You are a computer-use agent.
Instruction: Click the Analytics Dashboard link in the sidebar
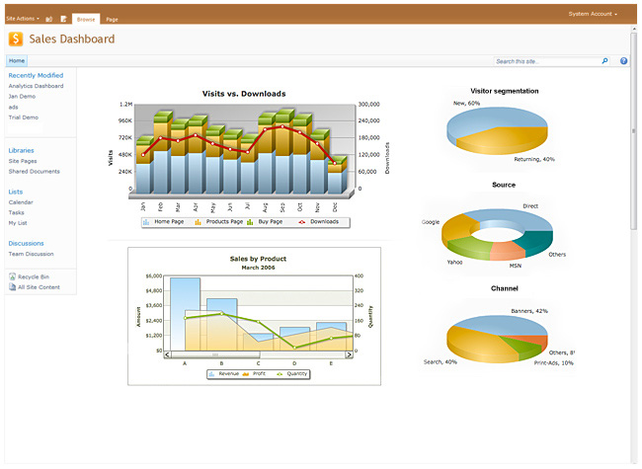36,86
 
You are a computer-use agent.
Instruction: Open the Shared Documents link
34,171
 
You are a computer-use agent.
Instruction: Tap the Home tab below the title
17,61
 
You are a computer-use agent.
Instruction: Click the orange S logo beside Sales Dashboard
17,39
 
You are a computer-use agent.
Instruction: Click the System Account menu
593,15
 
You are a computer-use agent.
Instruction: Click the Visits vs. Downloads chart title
244,94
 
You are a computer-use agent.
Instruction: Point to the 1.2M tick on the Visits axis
125,105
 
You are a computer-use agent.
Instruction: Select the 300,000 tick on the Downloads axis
369,105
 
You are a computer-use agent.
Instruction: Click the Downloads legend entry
323,222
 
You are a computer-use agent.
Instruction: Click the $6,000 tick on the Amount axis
154,275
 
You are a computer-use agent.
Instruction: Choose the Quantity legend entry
293,373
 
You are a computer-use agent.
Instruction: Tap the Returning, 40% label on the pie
534,159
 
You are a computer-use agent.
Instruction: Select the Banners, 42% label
528,311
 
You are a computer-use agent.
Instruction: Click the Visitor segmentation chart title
504,91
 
